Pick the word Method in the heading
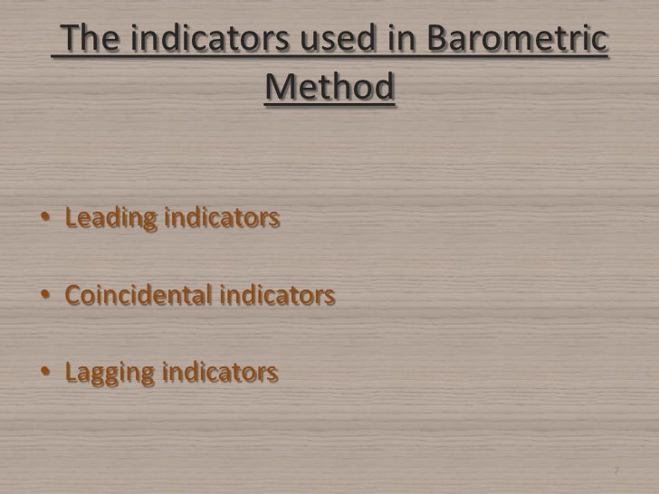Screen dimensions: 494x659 tap(331, 89)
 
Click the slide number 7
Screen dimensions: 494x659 tap(616, 471)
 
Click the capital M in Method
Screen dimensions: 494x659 tap(281, 89)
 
